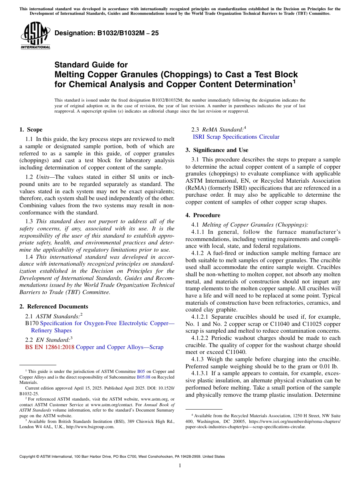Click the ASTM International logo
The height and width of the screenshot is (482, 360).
coord(35,35)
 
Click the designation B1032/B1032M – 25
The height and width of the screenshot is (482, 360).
coord(106,33)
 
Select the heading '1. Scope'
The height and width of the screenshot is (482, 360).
coord(31,130)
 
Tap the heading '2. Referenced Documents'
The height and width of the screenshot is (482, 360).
coord(53,307)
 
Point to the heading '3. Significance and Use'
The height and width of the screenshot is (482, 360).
coord(217,150)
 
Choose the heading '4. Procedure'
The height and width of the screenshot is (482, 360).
coord(203,215)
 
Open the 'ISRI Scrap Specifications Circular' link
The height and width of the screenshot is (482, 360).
coord(236,137)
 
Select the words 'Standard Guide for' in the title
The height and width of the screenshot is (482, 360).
coord(91,65)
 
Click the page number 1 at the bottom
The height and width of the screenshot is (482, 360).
coord(180,465)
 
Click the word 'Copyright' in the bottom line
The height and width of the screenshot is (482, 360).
coord(28,457)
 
